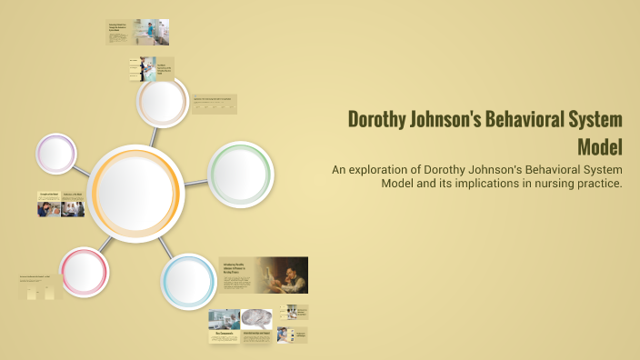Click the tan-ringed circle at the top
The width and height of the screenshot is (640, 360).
pyautogui.click(x=163, y=102)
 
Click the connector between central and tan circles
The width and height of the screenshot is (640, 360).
pyautogui.click(x=154, y=135)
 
